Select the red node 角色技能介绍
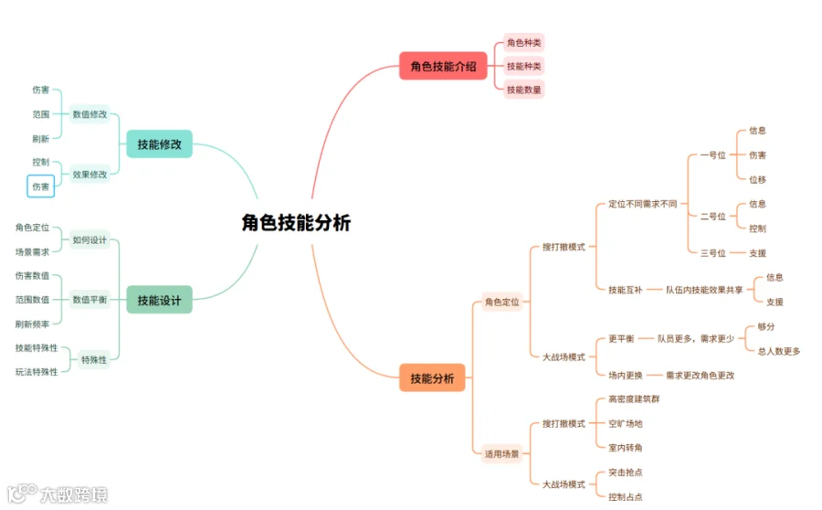pyautogui.click(x=443, y=66)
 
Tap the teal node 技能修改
pyautogui.click(x=159, y=144)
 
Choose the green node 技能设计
pyautogui.click(x=159, y=300)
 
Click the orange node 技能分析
pyautogui.click(x=432, y=378)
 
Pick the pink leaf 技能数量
pyautogui.click(x=524, y=90)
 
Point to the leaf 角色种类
pyautogui.click(x=524, y=42)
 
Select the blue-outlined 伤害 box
pyautogui.click(x=41, y=186)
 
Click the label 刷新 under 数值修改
pyautogui.click(x=41, y=139)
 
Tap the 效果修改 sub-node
pyautogui.click(x=90, y=174)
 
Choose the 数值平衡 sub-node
pyautogui.click(x=90, y=300)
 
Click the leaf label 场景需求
pyautogui.click(x=33, y=251)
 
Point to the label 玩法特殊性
pyautogui.click(x=37, y=372)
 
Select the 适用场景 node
pyautogui.click(x=501, y=453)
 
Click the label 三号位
pyautogui.click(x=712, y=253)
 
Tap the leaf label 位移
pyautogui.click(x=757, y=180)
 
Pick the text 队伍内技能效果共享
pyautogui.click(x=703, y=290)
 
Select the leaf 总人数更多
pyautogui.click(x=778, y=351)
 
